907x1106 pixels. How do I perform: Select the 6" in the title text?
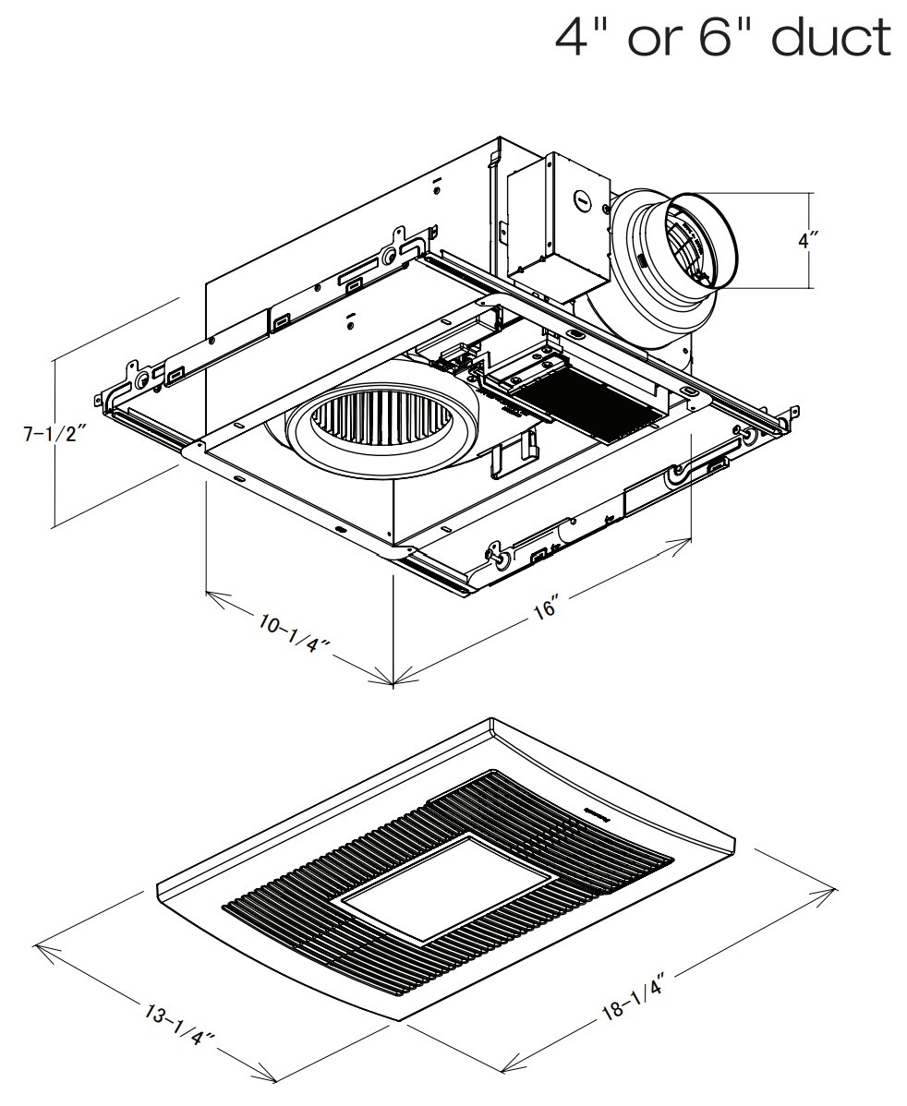tap(720, 38)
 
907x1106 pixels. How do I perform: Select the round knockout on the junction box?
tap(583, 197)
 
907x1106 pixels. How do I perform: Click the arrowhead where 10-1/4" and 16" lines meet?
tap(393, 683)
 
